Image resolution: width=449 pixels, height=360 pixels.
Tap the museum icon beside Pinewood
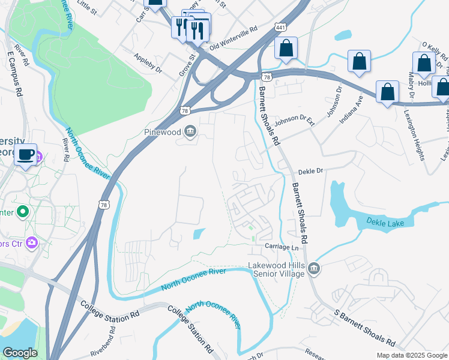(190, 131)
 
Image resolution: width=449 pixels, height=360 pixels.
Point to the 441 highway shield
(280, 28)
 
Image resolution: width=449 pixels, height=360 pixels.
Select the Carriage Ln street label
(282, 247)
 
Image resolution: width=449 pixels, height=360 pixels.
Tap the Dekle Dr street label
(310, 171)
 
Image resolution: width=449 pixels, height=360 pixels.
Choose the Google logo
(20, 353)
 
